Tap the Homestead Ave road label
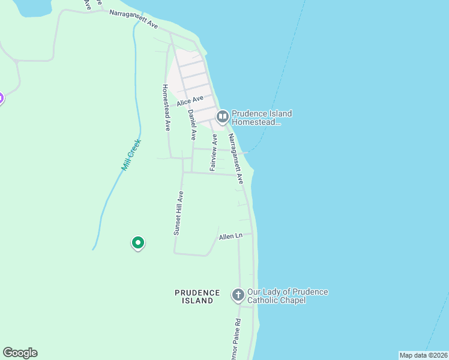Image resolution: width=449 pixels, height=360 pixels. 167,107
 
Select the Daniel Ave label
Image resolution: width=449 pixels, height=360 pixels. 191,125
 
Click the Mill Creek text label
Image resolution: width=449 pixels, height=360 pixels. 130,155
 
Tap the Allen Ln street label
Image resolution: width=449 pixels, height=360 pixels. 230,236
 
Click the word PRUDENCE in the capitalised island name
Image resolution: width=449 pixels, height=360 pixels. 194,292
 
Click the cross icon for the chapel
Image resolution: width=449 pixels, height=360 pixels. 238,295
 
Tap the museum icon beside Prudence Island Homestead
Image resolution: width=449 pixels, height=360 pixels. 222,116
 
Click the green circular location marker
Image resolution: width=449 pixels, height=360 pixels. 138,243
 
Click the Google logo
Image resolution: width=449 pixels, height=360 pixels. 20,353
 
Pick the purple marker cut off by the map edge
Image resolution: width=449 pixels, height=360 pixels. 1,98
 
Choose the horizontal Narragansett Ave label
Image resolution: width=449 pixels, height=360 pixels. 133,18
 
